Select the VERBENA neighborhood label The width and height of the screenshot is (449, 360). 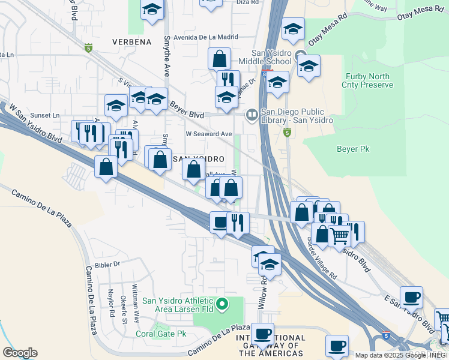point(131,41)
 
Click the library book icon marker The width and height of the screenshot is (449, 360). point(252,113)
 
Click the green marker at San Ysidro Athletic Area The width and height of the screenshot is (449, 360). point(223,305)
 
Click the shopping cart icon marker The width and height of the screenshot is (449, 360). point(340,235)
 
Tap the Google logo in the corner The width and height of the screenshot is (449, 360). point(20,353)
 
